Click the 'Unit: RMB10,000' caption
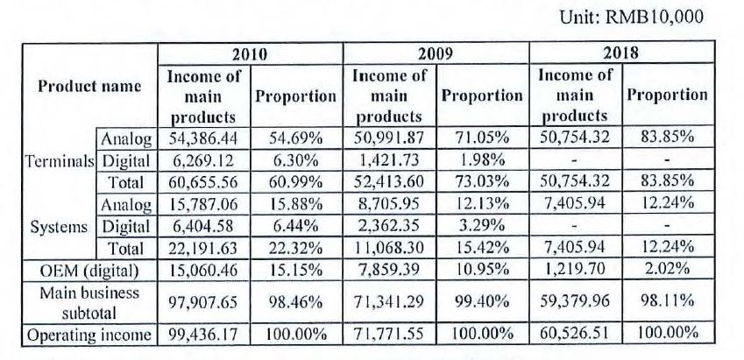coord(631,18)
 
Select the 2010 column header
coord(250,54)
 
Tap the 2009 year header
coord(436,54)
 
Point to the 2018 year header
coord(620,53)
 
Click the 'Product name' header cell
coord(89,87)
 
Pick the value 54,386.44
coord(203,138)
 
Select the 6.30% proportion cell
coord(296,161)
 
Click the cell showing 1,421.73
coord(388,161)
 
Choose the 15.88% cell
coord(296,205)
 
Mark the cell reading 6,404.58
coord(203,227)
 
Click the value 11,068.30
coord(388,248)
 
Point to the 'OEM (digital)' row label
coord(89,271)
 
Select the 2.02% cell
coord(667,270)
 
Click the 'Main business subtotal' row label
coord(89,302)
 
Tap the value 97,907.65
coord(203,302)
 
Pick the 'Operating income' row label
coord(89,335)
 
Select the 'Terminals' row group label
coord(60,162)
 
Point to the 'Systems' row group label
coord(59,228)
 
